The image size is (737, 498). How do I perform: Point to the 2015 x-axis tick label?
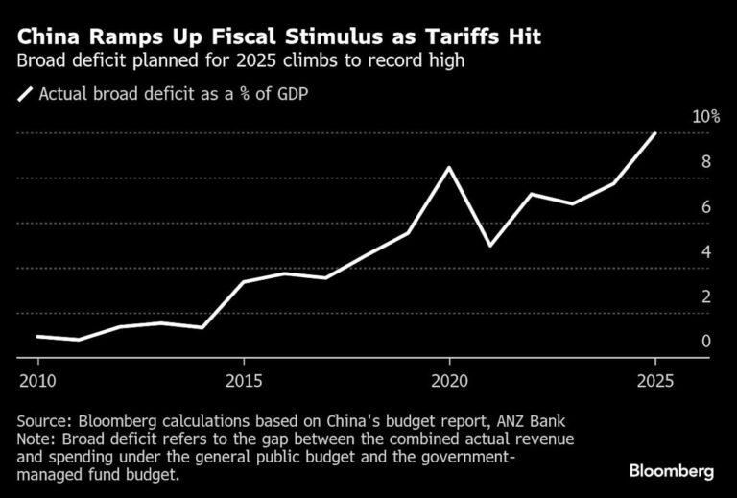tap(244, 381)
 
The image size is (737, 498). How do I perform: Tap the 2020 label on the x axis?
tap(449, 381)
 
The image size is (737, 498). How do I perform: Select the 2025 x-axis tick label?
tap(654, 381)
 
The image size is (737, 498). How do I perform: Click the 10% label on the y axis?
tap(705, 117)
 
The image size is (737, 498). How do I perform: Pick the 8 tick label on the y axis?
tap(705, 162)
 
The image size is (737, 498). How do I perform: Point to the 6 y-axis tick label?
tap(705, 207)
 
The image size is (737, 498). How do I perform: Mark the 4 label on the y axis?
tap(705, 252)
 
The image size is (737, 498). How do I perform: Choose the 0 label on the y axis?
tap(705, 342)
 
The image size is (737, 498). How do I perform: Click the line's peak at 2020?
tap(449, 167)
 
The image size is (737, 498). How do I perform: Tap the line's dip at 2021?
tap(490, 246)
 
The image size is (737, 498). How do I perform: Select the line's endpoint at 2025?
tap(654, 133)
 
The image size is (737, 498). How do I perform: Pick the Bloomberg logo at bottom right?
tap(672, 472)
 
